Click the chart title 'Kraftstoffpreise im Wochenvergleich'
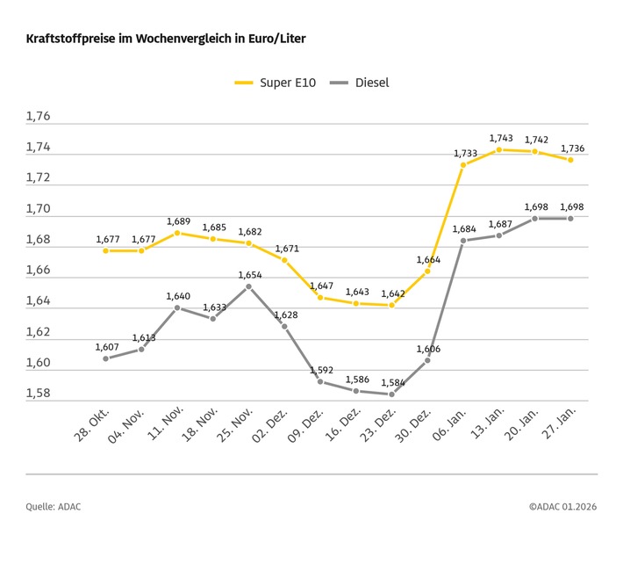click(166, 40)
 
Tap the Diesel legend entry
click(359, 83)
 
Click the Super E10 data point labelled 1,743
click(499, 149)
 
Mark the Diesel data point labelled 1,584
click(391, 394)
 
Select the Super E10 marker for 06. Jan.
click(463, 165)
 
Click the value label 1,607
click(106, 347)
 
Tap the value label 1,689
click(177, 221)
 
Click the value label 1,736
click(571, 148)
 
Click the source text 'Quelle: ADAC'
click(54, 507)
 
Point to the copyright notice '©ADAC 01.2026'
click(562, 507)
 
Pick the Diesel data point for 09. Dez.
click(320, 381)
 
